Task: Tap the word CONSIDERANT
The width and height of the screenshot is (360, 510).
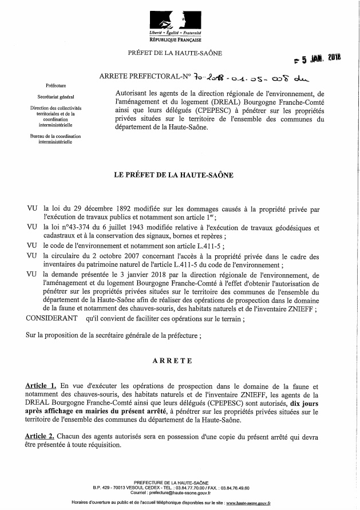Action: click(x=52, y=317)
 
